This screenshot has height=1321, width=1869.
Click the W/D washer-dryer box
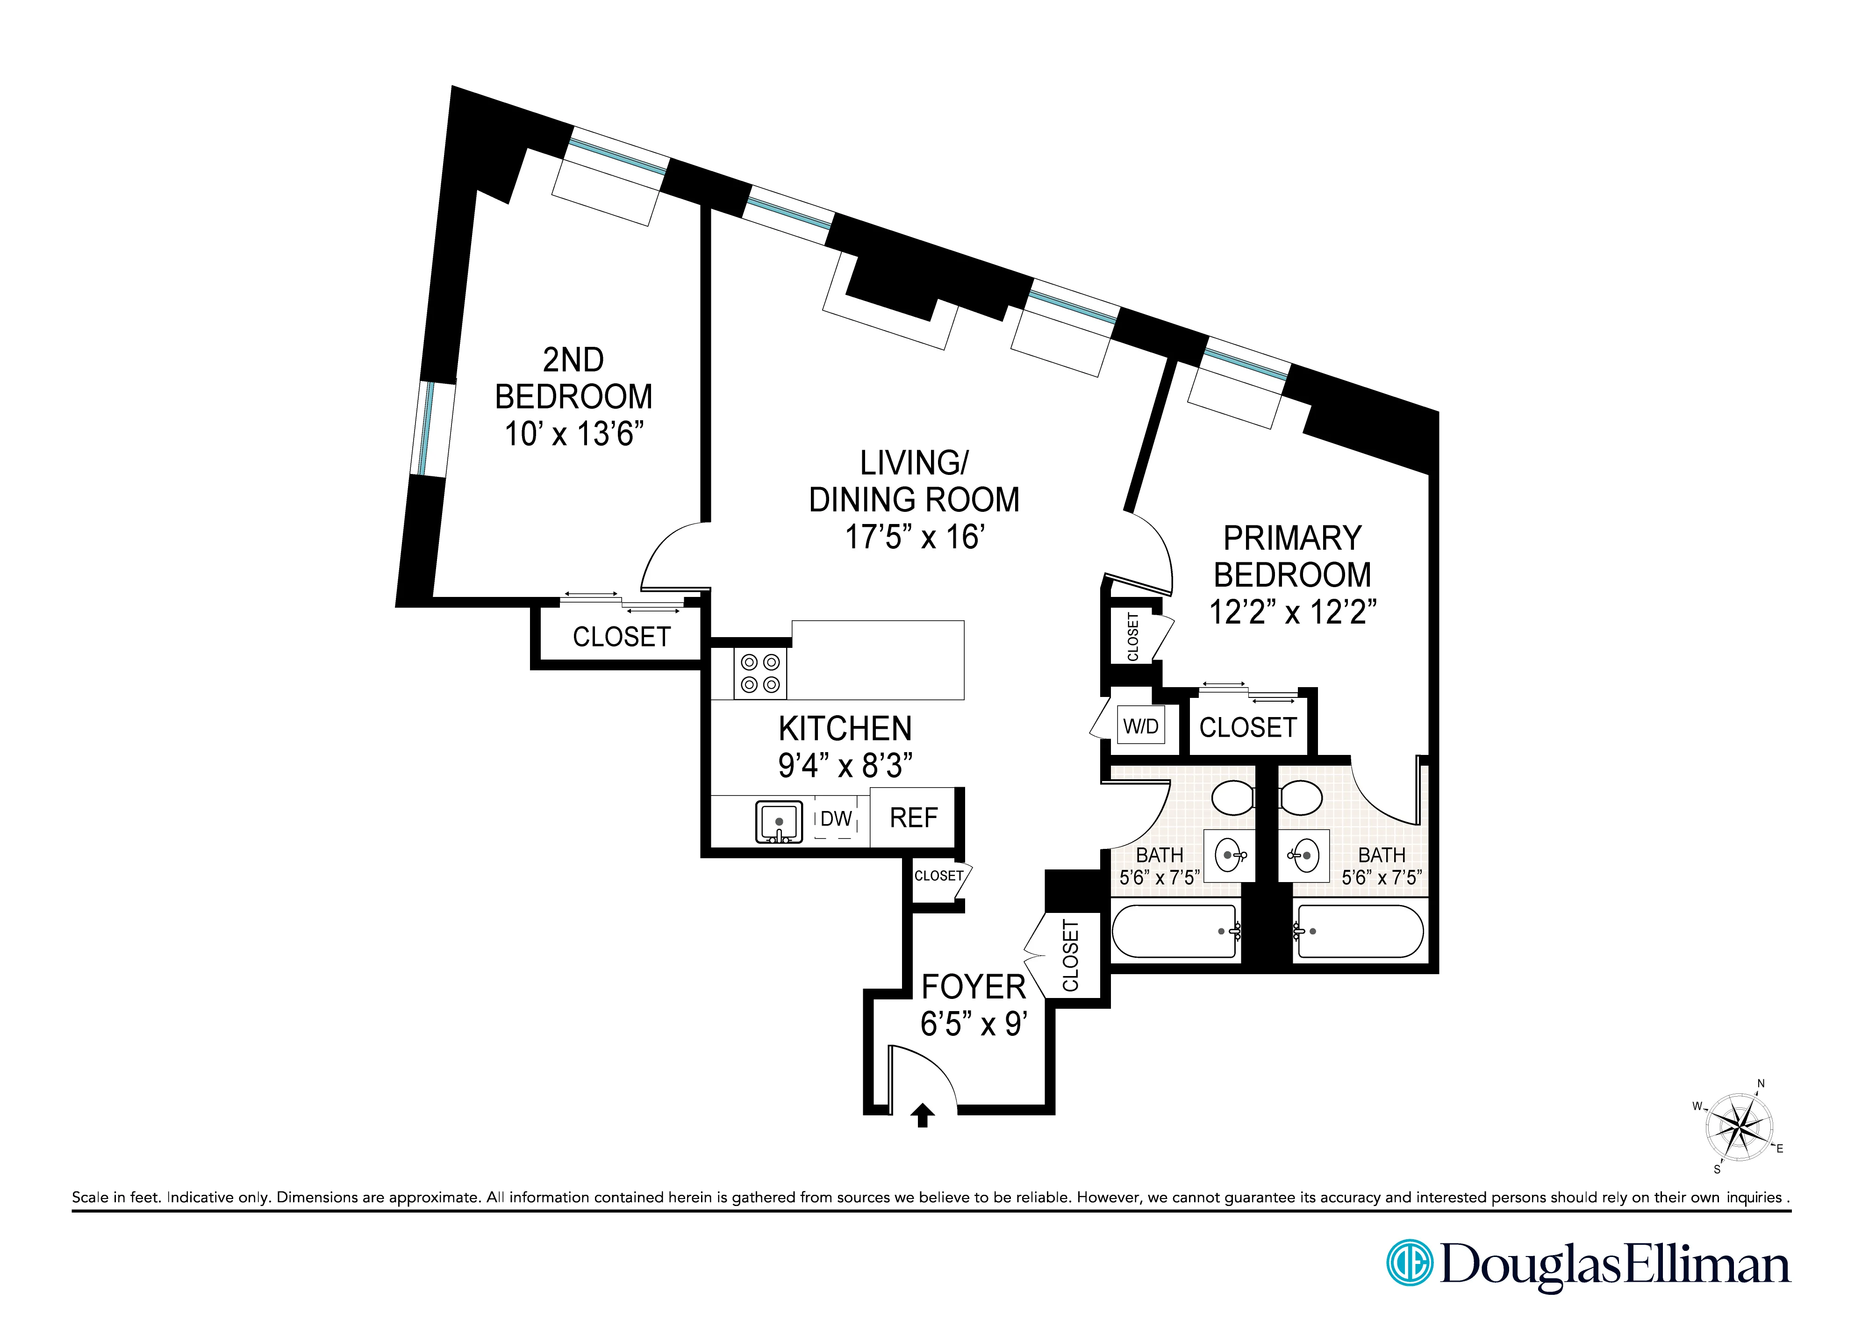1140,726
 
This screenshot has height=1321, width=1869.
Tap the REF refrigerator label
913,817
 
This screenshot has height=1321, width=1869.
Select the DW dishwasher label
836,819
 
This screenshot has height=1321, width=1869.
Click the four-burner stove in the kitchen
760,673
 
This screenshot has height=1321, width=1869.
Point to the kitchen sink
779,822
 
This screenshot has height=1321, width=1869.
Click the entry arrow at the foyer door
922,1114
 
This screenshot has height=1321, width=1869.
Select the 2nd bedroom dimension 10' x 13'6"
574,434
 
